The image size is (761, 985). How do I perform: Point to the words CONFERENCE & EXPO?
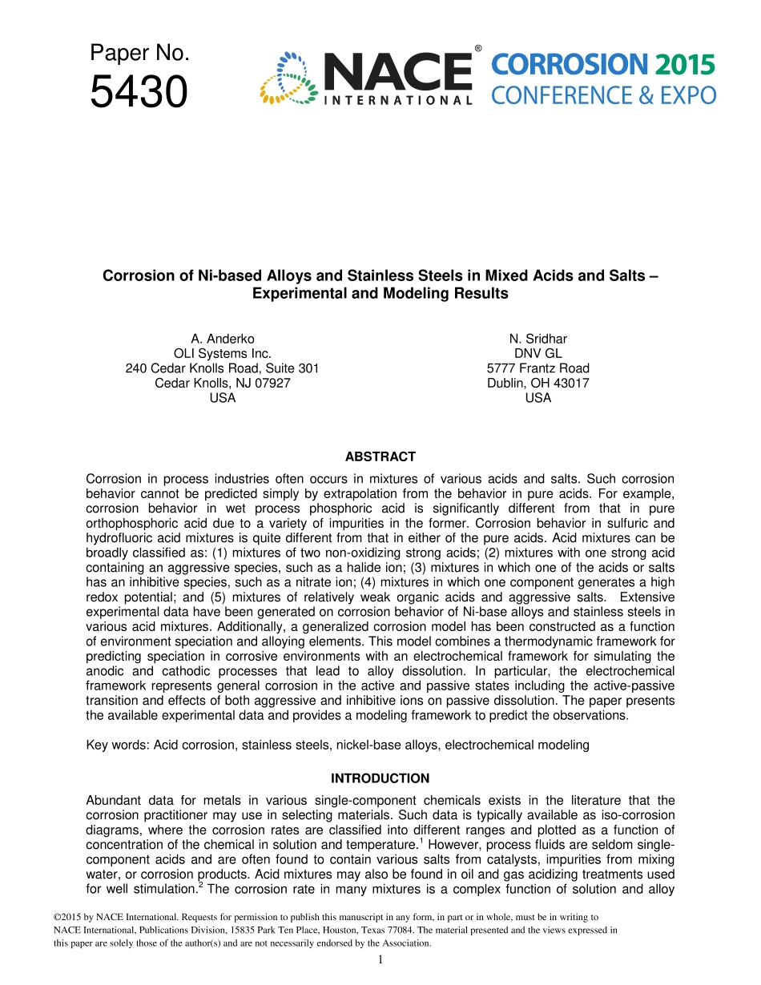click(x=603, y=96)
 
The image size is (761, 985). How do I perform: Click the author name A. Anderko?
click(x=222, y=339)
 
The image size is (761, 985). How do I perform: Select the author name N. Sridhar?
click(x=538, y=339)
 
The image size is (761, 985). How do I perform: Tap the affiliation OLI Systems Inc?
click(x=222, y=353)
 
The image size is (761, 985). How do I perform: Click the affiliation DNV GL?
click(x=538, y=353)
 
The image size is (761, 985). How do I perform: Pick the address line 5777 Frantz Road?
click(x=538, y=368)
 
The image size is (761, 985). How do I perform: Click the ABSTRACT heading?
click(x=380, y=456)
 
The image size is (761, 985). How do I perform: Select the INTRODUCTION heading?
click(x=380, y=778)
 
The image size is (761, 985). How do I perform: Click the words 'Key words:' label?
click(x=118, y=745)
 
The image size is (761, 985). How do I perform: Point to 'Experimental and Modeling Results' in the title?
click(x=380, y=293)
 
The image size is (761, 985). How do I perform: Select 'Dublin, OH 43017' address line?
click(x=538, y=383)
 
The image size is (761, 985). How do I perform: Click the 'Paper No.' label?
click(x=139, y=53)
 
